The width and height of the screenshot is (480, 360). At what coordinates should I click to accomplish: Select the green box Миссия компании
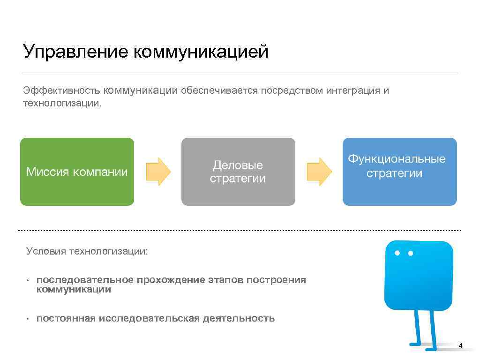point(77,172)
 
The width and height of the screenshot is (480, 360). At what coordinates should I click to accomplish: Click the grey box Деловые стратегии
point(238,172)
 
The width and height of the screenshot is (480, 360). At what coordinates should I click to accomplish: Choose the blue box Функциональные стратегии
point(399,172)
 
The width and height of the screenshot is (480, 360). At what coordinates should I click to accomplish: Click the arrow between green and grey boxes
point(158,172)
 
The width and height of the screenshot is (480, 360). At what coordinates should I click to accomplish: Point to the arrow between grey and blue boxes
point(319,172)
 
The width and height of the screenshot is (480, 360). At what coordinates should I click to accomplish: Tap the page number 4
point(460,346)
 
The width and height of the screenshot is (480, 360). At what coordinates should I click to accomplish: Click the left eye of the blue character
point(397,253)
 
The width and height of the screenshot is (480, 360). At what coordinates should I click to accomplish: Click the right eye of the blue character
point(411,253)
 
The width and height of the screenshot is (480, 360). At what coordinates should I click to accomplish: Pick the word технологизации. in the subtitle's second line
point(62,103)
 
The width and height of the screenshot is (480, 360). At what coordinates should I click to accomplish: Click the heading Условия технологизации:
point(87,252)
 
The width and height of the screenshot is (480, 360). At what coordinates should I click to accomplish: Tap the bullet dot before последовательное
point(28,281)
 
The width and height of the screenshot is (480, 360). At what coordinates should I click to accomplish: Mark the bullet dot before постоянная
point(28,319)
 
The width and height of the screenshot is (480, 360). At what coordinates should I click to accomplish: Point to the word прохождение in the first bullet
point(171,280)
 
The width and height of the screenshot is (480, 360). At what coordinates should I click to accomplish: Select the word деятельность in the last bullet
point(239,319)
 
